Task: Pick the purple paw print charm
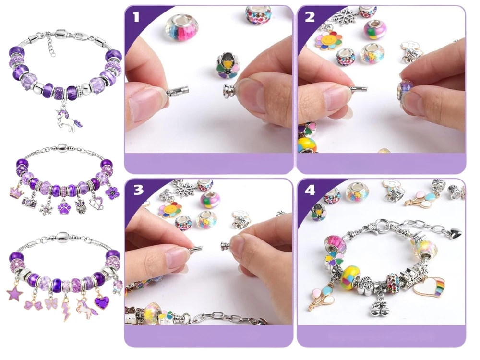coord(64,204)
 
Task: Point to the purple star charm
coord(15,292)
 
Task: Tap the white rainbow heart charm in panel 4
coord(428,285)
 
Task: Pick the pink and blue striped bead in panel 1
coord(181,28)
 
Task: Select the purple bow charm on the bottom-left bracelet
coord(34,305)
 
